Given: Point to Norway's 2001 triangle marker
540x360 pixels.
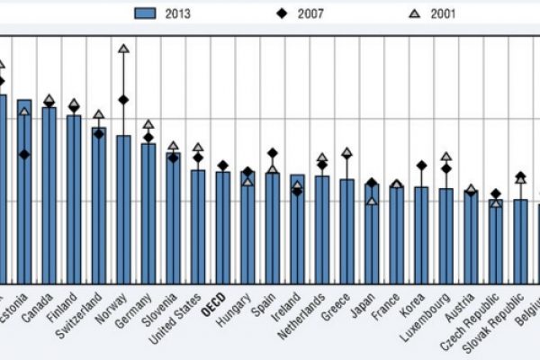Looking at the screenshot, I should click(x=123, y=49).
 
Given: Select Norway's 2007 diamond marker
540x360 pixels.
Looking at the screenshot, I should click(x=123, y=100).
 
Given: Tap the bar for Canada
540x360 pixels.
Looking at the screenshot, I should click(x=49, y=194).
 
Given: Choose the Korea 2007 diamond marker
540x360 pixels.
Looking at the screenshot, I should click(x=420, y=166).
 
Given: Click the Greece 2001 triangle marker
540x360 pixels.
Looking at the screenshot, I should click(x=346, y=153).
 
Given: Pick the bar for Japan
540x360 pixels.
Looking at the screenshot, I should click(x=371, y=233).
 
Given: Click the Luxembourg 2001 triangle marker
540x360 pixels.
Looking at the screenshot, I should click(x=445, y=157).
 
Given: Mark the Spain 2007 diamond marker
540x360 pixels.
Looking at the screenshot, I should click(x=272, y=153).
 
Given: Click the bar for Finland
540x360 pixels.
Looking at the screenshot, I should click(x=74, y=199).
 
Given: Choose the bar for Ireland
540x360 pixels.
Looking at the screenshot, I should click(x=297, y=229).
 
